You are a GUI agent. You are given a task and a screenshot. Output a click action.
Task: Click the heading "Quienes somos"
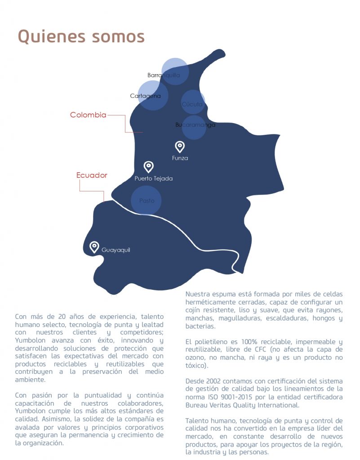tap(81, 36)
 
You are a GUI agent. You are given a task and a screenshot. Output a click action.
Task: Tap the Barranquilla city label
tap(164, 75)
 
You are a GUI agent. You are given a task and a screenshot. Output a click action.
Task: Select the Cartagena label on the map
tap(145, 96)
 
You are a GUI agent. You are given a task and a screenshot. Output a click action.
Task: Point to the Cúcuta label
tap(192, 104)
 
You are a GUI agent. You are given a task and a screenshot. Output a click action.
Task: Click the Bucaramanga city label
tap(195, 124)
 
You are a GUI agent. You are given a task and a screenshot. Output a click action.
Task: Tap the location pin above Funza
tap(180, 146)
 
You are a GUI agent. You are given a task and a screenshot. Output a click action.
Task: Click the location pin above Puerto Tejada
tap(148, 167)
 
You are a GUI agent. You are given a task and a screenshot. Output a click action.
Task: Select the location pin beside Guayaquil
tap(94, 247)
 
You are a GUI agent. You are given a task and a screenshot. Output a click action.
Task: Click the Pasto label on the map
tap(147, 200)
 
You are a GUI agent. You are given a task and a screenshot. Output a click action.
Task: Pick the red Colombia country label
tap(88, 115)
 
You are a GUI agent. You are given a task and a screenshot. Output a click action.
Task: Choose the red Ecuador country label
tap(92, 175)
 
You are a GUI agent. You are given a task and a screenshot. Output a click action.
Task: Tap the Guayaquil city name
tap(116, 250)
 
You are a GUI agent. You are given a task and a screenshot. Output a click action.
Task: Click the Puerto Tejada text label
tap(153, 178)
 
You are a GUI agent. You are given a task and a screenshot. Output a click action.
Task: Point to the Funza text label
tap(180, 158)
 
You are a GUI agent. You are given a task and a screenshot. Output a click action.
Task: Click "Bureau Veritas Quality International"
tap(242, 405)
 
